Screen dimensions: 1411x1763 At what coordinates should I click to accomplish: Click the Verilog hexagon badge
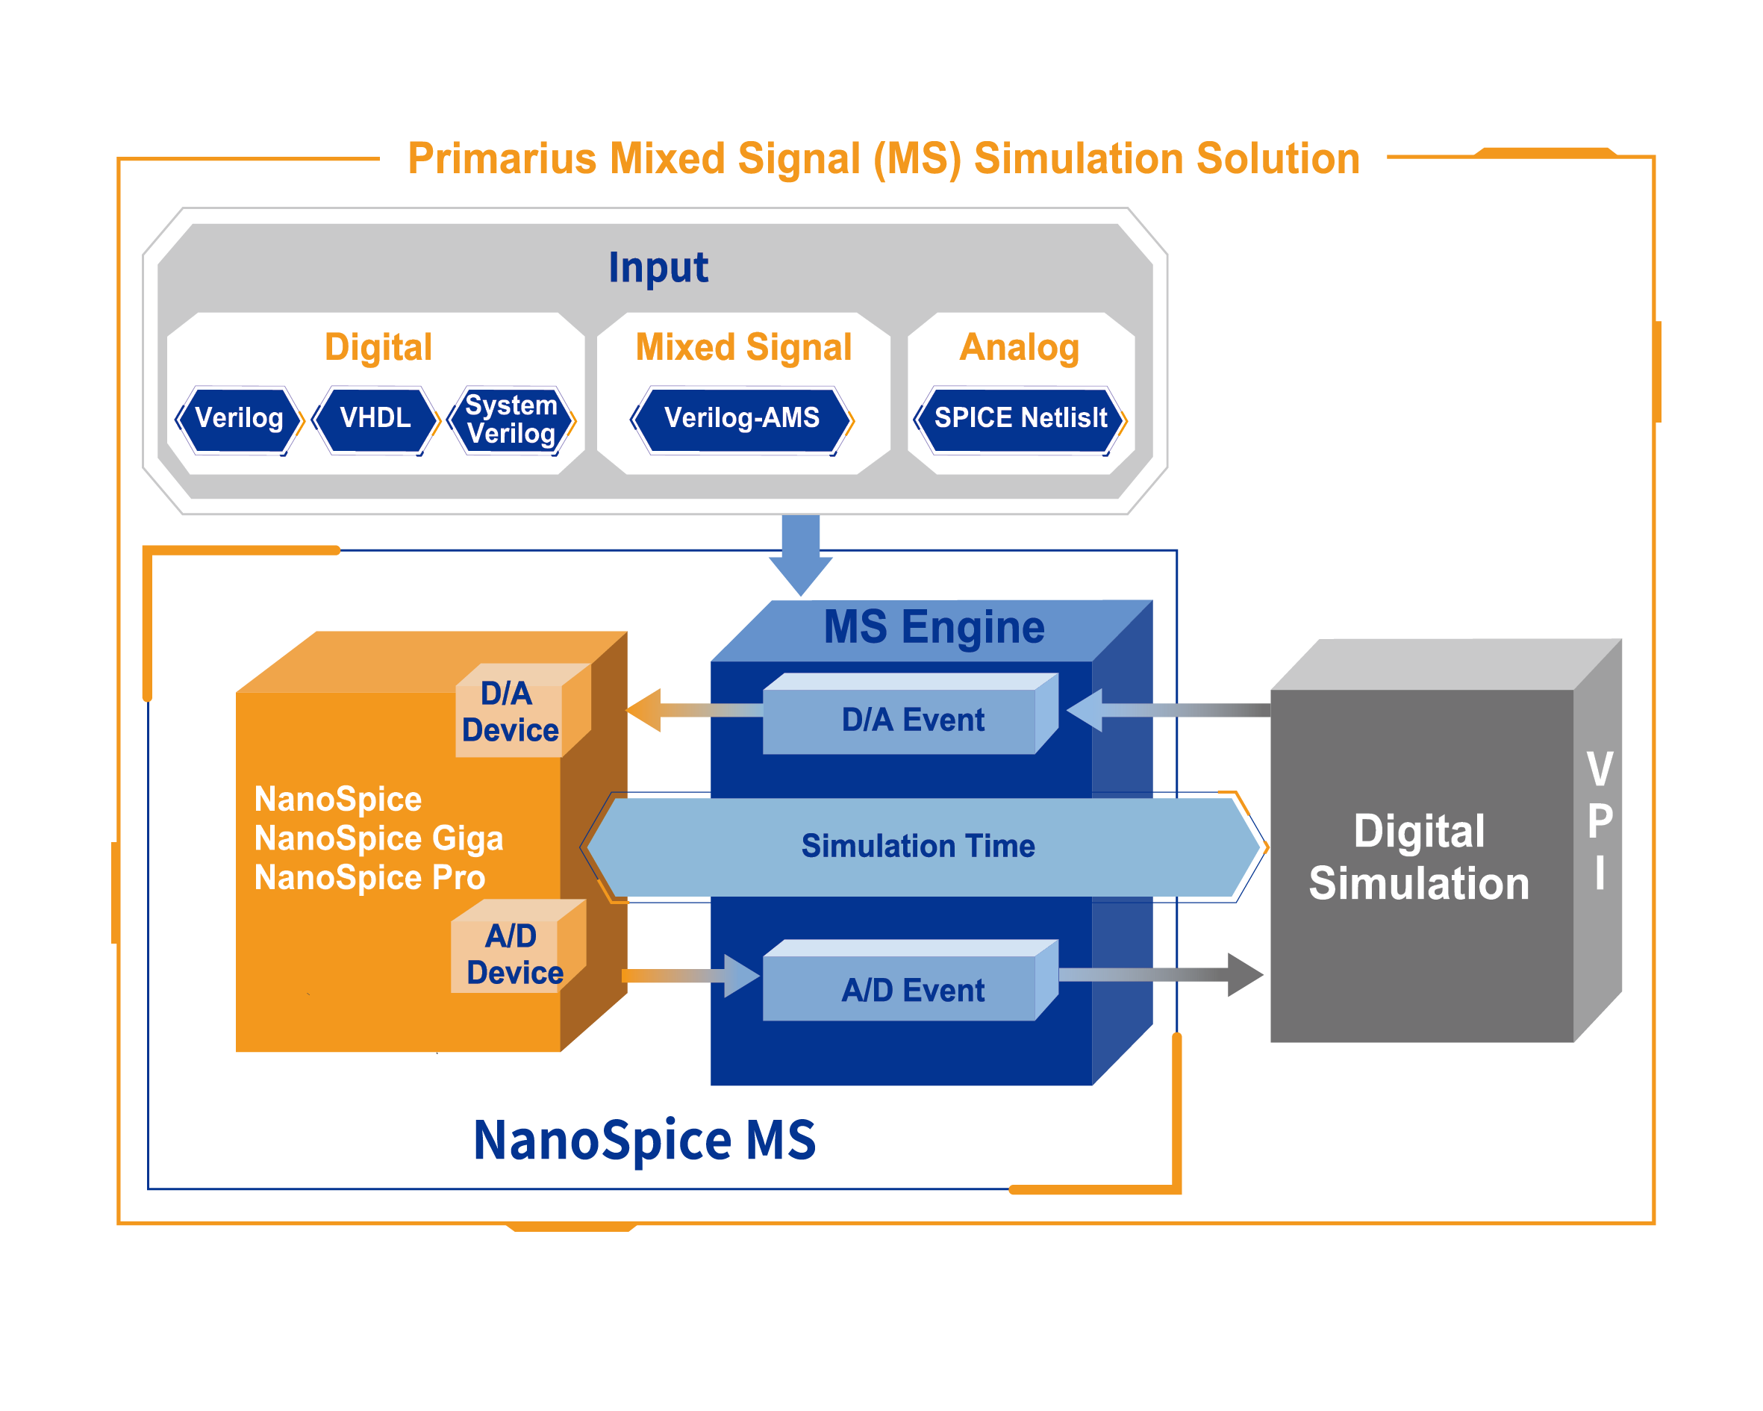[240, 419]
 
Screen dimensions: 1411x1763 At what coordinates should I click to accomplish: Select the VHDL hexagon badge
[375, 419]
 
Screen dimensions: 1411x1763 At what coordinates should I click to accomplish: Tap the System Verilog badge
[511, 419]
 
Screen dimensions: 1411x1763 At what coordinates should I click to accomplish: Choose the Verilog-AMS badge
[742, 419]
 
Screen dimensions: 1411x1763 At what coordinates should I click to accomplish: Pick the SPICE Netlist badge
[1020, 419]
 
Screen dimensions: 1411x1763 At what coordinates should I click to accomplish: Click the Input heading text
[658, 267]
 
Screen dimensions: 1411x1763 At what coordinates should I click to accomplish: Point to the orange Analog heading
[1019, 347]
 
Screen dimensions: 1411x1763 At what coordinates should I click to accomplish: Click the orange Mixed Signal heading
[743, 347]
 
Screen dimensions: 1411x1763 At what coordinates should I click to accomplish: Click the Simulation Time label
[917, 846]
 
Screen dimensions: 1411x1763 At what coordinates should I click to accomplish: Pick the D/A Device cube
[511, 711]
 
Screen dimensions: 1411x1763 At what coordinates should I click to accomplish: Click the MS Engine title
[933, 627]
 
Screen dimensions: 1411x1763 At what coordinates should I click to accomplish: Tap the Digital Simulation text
[1419, 857]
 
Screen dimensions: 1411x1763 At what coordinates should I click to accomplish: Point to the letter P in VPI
[1600, 820]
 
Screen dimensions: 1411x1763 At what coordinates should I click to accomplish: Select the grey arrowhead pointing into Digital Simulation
[1244, 974]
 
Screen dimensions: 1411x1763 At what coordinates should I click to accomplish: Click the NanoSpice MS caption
[644, 1139]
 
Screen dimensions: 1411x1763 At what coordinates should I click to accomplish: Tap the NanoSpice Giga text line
[378, 838]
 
